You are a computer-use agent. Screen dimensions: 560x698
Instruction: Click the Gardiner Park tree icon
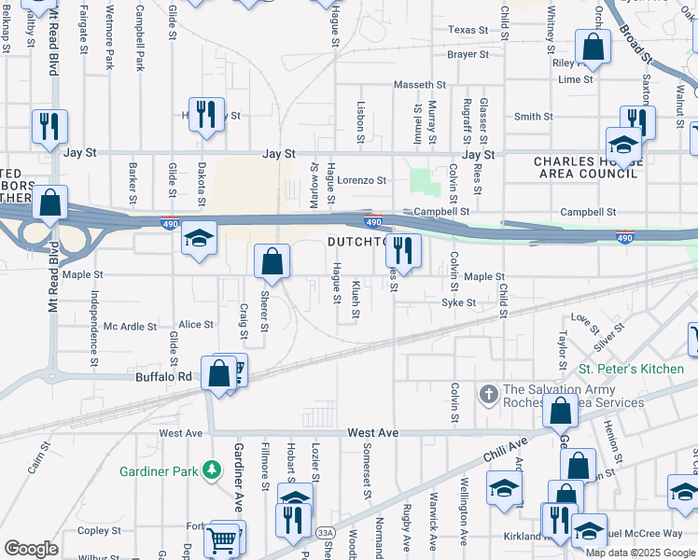(x=213, y=470)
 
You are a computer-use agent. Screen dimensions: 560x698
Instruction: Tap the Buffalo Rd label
(x=163, y=377)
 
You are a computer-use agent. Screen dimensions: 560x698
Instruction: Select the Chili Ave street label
(x=505, y=453)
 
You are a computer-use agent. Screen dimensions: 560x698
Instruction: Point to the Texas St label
(x=468, y=30)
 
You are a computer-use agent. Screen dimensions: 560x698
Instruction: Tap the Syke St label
(x=458, y=302)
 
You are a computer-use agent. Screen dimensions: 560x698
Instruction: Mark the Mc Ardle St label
(x=130, y=326)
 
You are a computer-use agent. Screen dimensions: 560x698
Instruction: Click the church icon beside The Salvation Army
(x=488, y=396)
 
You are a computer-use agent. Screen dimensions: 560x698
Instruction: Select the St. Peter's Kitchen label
(x=630, y=370)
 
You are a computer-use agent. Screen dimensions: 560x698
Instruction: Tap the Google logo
(x=31, y=549)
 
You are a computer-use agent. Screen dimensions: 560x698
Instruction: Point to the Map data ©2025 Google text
(x=639, y=553)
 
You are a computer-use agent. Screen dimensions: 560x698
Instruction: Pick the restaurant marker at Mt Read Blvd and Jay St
(x=49, y=126)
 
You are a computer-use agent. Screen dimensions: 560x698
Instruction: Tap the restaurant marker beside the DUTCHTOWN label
(x=403, y=250)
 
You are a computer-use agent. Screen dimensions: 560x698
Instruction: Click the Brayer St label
(x=468, y=55)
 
